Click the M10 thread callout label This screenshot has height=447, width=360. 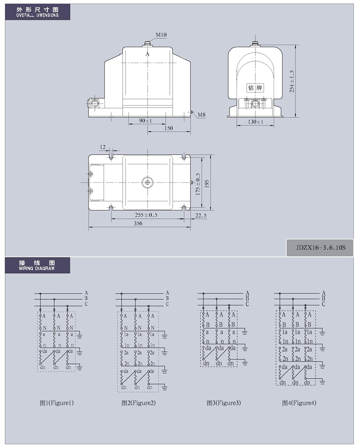[x=161, y=35]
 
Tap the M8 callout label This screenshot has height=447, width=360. [x=201, y=115]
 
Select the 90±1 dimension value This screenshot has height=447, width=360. [x=146, y=121]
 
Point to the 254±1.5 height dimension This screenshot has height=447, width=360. [x=292, y=81]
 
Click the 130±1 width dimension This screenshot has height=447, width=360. [x=255, y=122]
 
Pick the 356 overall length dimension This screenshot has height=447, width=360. [x=138, y=223]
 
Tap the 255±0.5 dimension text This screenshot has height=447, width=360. [x=146, y=215]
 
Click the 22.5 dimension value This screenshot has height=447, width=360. [x=201, y=216]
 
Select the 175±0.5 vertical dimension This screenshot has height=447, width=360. [x=198, y=184]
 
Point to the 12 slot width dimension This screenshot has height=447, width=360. [x=103, y=147]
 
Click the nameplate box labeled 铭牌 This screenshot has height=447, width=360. [x=255, y=88]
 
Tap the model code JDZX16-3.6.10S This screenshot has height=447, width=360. [x=320, y=247]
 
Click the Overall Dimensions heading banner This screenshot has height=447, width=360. [x=37, y=12]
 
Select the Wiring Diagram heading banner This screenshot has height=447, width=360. [x=37, y=265]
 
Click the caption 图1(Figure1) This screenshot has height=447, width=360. [x=56, y=403]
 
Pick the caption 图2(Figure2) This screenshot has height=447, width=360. [x=139, y=403]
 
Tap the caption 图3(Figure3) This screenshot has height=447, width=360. [x=224, y=403]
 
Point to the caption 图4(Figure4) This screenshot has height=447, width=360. [x=299, y=403]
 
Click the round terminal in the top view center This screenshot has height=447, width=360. [x=148, y=182]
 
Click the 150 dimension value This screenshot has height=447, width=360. [x=168, y=128]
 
